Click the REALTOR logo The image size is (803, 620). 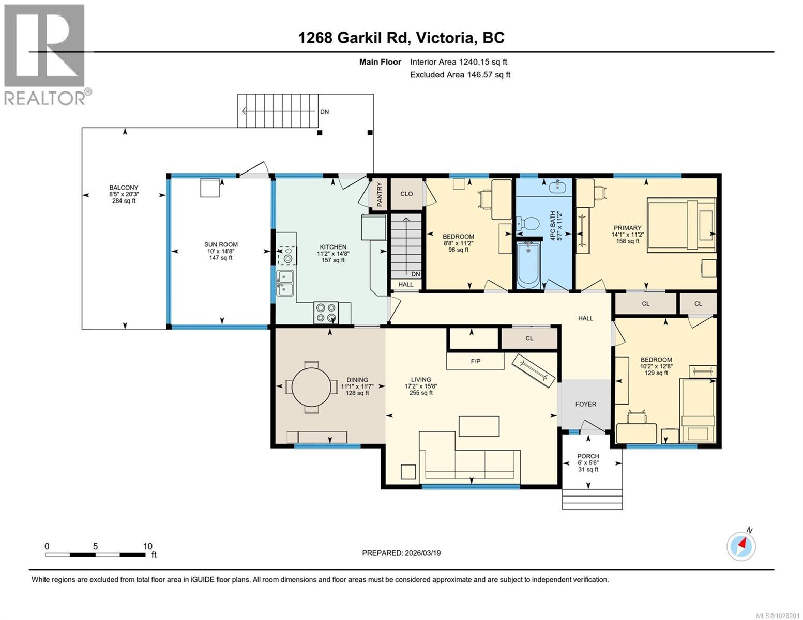tap(46, 54)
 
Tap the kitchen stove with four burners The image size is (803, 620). tap(326, 313)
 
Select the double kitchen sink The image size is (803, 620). tap(285, 283)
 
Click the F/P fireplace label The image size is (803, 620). tap(475, 361)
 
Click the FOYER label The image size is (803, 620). tap(585, 404)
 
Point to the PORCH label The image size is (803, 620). tap(588, 456)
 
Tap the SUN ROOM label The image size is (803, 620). tap(221, 245)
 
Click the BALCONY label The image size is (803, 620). tap(124, 188)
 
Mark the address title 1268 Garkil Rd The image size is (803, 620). tap(401, 38)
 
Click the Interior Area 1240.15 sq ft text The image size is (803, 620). tap(458, 62)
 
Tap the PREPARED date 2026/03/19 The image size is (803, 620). tap(401, 553)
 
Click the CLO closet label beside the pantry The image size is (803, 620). tap(406, 194)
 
